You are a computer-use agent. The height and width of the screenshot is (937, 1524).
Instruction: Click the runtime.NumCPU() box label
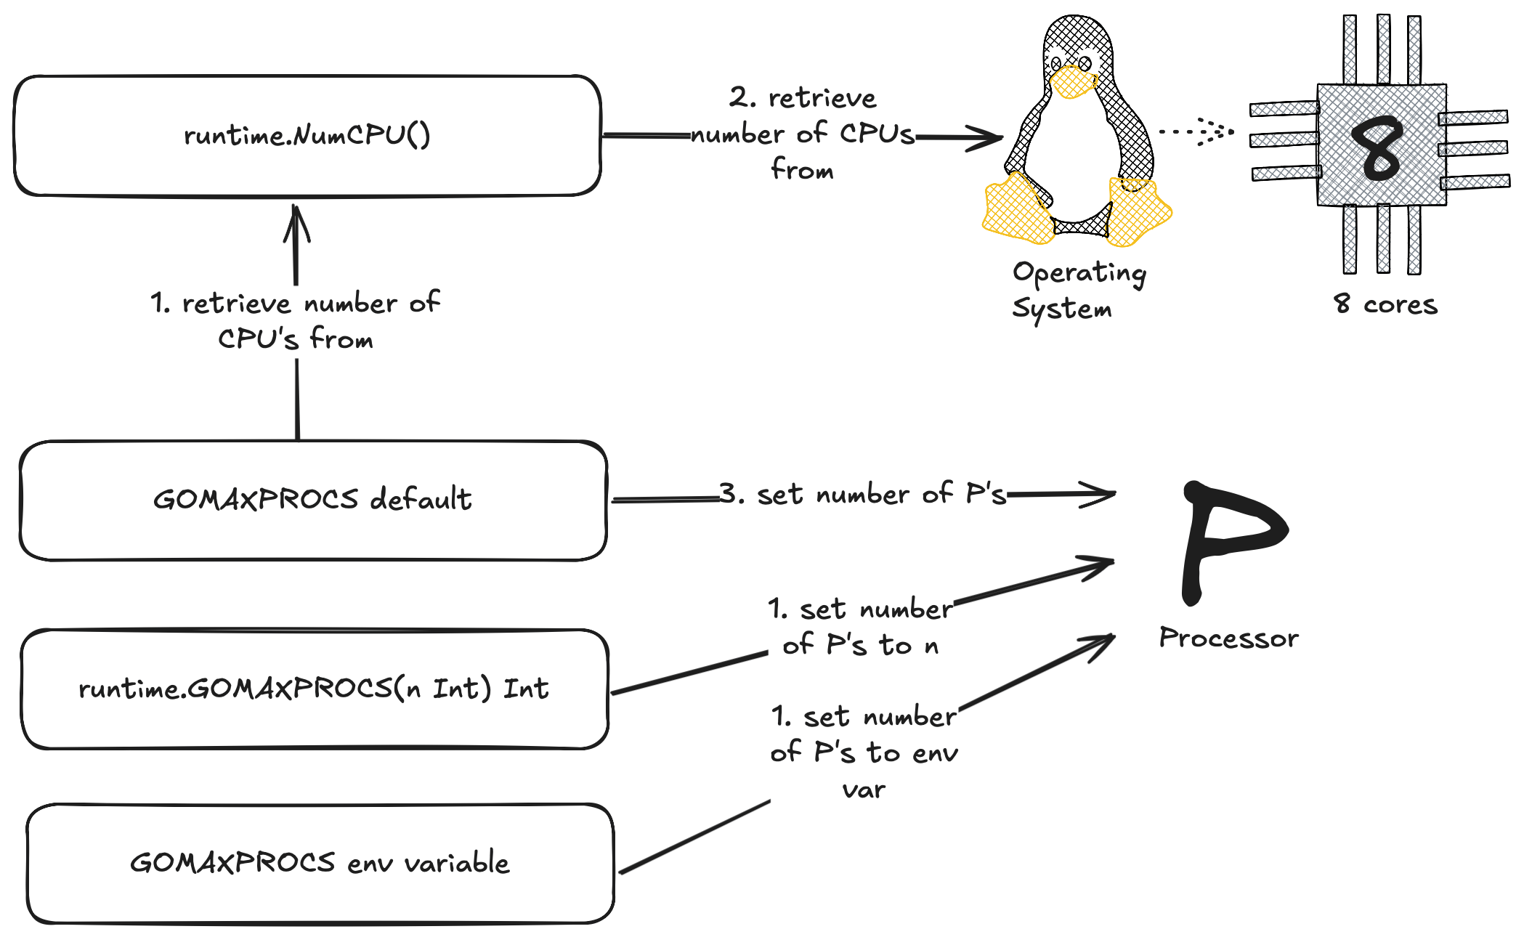[x=307, y=135]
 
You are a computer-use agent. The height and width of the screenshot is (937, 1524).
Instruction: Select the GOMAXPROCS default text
[x=312, y=500]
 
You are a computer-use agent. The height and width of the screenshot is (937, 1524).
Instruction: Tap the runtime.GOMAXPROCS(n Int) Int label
[x=314, y=689]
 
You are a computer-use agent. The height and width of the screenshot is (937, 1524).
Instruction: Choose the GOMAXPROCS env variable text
[x=320, y=863]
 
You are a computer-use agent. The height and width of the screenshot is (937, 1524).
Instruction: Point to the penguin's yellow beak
[x=1073, y=82]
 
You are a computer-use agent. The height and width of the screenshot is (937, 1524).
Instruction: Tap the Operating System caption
[x=1078, y=290]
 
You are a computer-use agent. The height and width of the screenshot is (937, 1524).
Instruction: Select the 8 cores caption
[x=1385, y=304]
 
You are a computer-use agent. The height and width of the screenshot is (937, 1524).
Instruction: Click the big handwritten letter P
[x=1228, y=538]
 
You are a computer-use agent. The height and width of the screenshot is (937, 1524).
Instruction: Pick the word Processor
[x=1228, y=638]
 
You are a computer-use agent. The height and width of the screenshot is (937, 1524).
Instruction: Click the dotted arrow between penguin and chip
[x=1196, y=131]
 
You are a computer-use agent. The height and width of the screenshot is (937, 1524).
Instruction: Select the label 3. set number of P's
[x=862, y=494]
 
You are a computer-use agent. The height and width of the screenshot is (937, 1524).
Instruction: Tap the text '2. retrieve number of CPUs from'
[x=802, y=134]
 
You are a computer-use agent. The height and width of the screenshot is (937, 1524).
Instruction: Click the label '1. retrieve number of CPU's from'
[x=295, y=320]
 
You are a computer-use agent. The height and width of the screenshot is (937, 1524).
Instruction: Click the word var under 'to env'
[x=864, y=790]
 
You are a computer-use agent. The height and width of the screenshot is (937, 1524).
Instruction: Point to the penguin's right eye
[x=1085, y=63]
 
